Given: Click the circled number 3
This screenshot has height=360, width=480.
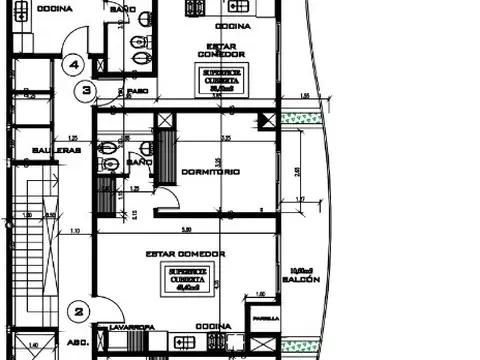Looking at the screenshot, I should [88, 91].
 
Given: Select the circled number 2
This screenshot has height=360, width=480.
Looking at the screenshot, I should [78, 310].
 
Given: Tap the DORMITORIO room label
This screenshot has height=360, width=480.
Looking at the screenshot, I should [212, 171].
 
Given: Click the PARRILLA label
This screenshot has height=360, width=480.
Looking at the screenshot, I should [265, 320].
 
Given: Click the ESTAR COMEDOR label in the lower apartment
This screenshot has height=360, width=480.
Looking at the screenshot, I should [186, 254].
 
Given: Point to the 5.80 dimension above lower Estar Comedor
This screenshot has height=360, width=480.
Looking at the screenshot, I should [173, 228].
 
